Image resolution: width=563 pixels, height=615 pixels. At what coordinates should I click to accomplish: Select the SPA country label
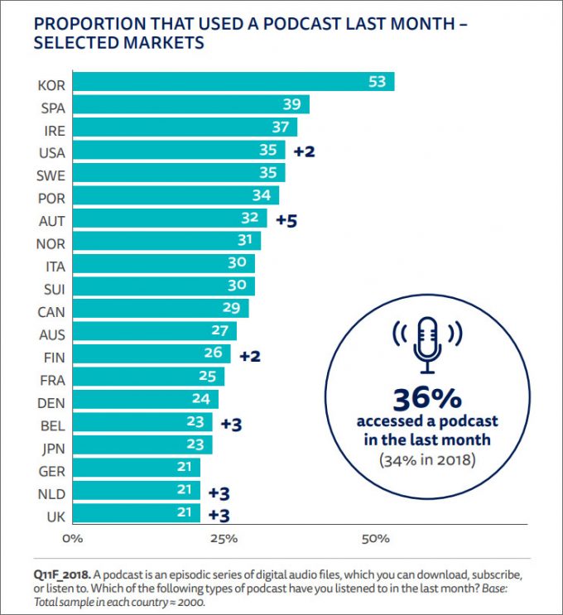coord(53,105)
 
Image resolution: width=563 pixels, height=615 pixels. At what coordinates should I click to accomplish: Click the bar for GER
coord(137,469)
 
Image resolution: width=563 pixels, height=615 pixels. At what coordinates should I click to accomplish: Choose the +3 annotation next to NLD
coord(219,492)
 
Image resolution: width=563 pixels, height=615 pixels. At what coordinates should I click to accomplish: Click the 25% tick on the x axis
coord(224,539)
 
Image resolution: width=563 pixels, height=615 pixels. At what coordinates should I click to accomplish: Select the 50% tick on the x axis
coord(376,539)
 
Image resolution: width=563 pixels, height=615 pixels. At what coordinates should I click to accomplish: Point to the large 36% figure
coord(427,399)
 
